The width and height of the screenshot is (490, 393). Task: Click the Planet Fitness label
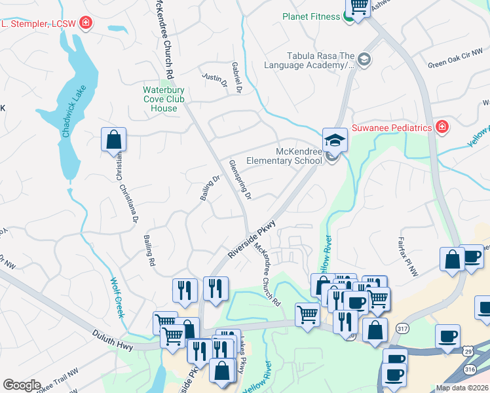click(x=311, y=16)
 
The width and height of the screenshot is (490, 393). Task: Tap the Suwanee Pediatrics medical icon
click(x=442, y=126)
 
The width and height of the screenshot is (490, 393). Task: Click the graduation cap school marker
click(x=334, y=140)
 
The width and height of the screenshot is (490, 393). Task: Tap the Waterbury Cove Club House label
click(x=164, y=99)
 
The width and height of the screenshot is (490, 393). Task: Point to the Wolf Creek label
click(x=116, y=298)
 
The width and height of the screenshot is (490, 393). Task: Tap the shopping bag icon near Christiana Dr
click(x=113, y=140)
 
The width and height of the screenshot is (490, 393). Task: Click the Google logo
click(x=22, y=385)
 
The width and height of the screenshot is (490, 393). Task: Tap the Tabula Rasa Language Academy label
click(x=309, y=60)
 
